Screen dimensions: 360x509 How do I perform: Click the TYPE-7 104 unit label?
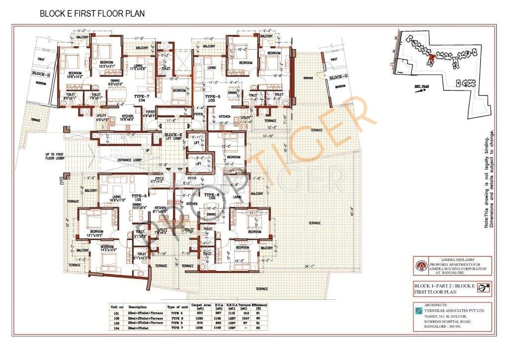141,97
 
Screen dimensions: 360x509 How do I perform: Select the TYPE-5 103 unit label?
212,98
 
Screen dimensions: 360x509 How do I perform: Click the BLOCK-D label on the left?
41,74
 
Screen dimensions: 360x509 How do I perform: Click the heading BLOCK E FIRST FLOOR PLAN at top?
92,14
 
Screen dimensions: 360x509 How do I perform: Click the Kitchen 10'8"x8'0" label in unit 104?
127,118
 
